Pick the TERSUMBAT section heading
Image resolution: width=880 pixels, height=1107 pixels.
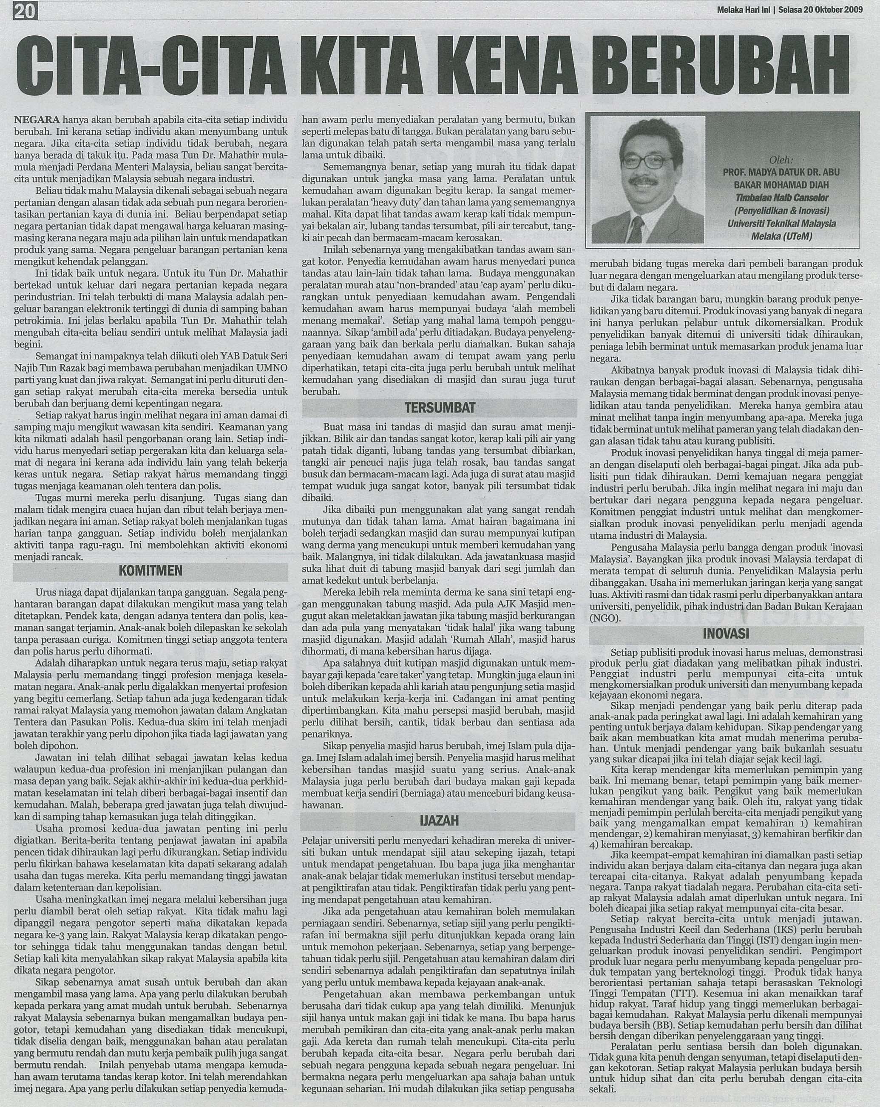(441, 409)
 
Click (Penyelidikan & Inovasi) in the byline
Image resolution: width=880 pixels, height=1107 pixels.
(782, 211)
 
